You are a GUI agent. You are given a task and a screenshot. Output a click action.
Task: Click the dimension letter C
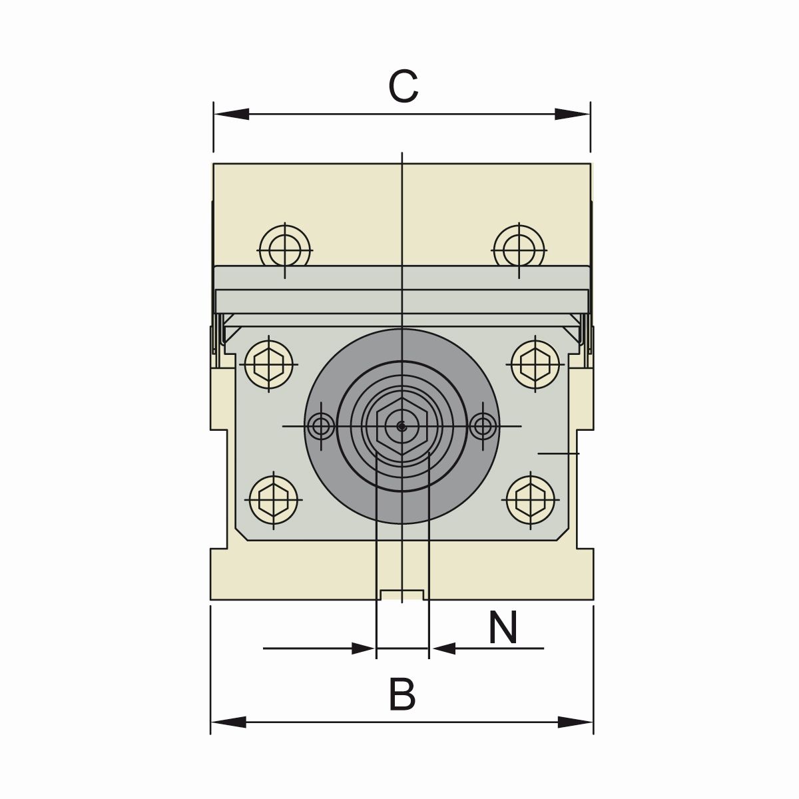403,87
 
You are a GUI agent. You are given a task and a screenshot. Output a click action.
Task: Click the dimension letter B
402,694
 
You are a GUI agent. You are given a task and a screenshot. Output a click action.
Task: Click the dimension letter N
503,628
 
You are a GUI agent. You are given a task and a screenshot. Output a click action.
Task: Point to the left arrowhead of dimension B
228,722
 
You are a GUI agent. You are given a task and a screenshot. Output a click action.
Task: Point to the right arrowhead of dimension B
575,722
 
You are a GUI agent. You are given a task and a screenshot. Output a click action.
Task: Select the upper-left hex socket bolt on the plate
270,364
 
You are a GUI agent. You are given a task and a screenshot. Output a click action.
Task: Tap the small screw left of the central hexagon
322,425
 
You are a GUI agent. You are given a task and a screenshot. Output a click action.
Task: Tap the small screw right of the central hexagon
483,426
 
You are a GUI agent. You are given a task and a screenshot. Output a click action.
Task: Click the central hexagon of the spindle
401,427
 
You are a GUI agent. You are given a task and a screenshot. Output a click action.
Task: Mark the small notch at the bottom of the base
401,595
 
